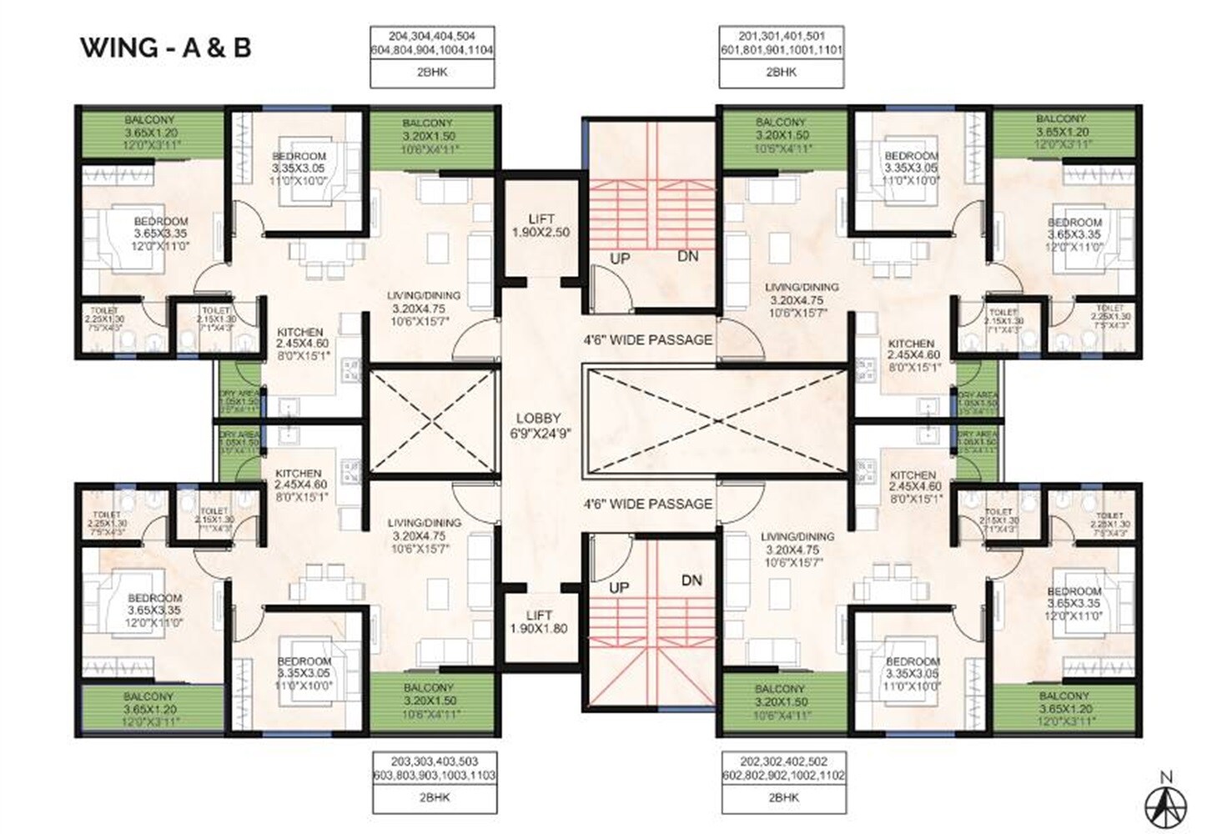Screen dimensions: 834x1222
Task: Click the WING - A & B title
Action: click(x=165, y=48)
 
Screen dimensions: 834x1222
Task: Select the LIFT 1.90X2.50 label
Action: click(x=541, y=226)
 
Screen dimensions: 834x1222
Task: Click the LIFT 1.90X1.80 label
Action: click(x=539, y=622)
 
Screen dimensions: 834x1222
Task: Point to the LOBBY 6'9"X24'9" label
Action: click(x=538, y=425)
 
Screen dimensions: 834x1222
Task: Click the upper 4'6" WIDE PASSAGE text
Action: click(x=647, y=340)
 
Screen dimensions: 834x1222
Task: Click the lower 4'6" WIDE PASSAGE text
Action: click(x=647, y=504)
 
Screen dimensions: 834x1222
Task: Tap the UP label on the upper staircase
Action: click(x=619, y=259)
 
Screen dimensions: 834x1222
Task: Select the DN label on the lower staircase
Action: click(x=691, y=580)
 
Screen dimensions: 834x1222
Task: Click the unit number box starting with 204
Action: click(x=432, y=43)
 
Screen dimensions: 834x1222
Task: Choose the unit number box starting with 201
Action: click(x=781, y=43)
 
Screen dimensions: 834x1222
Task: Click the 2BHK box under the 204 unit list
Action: click(x=432, y=73)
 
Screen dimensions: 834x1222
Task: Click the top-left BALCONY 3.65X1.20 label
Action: click(x=151, y=133)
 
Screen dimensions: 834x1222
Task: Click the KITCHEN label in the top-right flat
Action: click(x=911, y=349)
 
